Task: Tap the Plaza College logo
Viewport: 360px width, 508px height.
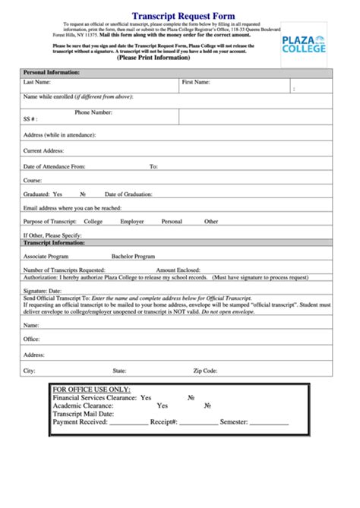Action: pos(304,43)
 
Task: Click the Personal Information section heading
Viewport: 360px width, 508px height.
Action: pos(52,72)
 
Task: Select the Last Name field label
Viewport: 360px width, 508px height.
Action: pos(37,81)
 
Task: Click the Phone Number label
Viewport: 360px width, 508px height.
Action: pos(93,112)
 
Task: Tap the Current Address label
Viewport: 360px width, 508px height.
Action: pos(43,150)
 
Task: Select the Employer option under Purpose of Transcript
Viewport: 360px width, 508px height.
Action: pos(132,222)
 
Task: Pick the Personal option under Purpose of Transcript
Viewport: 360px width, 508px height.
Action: pos(172,222)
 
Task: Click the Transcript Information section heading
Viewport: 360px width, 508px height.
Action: pos(54,243)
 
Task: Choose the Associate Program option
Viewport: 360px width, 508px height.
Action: pos(48,257)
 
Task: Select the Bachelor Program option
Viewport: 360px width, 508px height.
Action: pos(133,257)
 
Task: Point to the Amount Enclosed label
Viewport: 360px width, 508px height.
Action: pos(179,270)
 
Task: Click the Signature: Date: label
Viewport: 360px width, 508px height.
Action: pos(42,291)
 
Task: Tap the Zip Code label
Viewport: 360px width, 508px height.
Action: pos(205,371)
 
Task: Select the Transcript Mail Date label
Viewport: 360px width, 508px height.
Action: pos(83,414)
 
